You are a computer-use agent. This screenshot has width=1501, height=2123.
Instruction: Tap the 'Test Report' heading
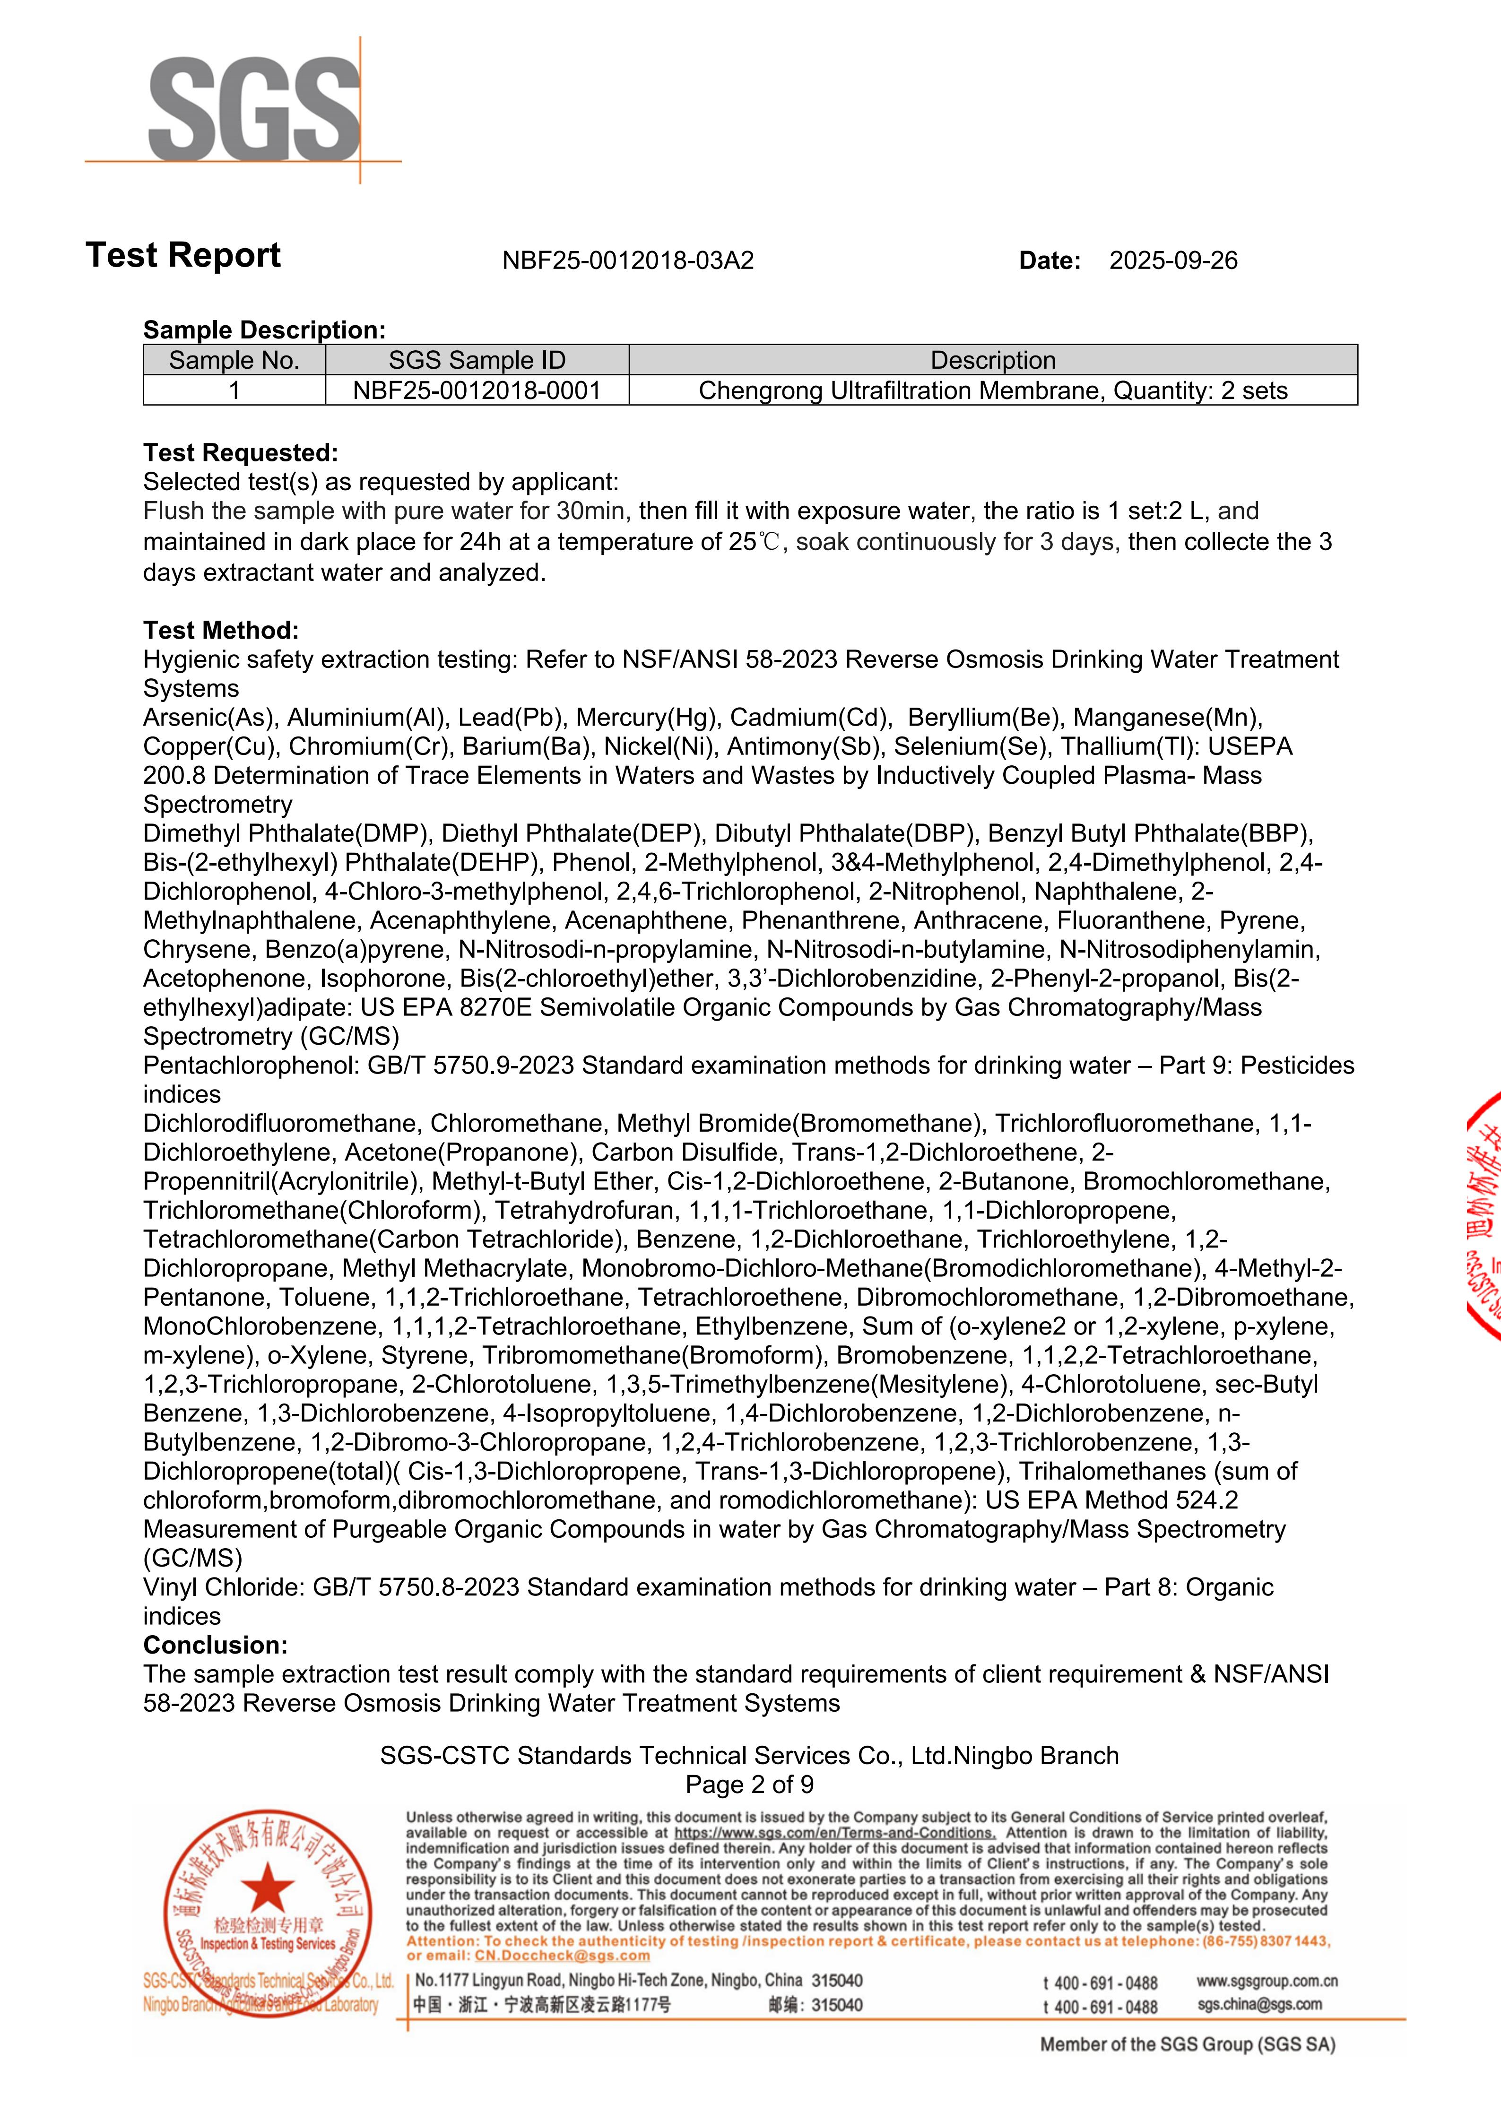[x=183, y=255]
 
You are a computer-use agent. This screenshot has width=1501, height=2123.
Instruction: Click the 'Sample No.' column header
[x=234, y=361]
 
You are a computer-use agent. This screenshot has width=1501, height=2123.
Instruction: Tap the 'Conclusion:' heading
[x=216, y=1645]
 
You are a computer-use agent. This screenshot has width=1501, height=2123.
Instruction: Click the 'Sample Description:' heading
[x=264, y=330]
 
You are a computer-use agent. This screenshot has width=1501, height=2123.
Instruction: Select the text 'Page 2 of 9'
[x=749, y=1785]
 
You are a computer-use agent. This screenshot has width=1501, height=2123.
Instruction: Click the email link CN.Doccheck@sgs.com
[x=562, y=1956]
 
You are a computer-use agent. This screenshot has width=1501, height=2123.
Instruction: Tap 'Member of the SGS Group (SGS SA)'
[x=1188, y=2045]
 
